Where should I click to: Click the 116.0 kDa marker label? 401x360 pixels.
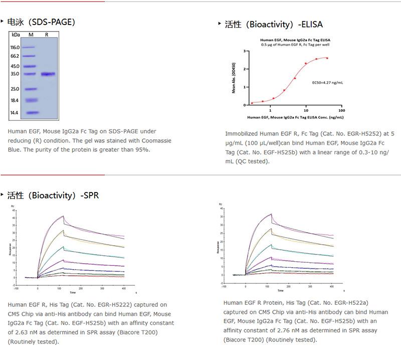click(x=15, y=47)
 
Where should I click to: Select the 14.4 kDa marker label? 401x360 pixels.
click(x=15, y=113)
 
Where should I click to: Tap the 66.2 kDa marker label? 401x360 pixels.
click(x=15, y=56)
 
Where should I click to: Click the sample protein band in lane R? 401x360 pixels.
click(x=48, y=74)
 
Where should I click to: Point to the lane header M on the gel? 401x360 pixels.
click(x=31, y=35)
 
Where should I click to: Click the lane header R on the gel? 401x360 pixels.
click(x=47, y=35)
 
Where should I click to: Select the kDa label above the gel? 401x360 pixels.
click(x=16, y=35)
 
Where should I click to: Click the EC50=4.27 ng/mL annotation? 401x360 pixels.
click(x=326, y=82)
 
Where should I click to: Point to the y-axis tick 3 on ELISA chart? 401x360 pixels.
click(x=244, y=51)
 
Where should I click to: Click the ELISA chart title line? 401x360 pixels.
click(x=295, y=40)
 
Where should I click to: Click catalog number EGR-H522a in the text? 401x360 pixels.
click(x=344, y=303)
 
